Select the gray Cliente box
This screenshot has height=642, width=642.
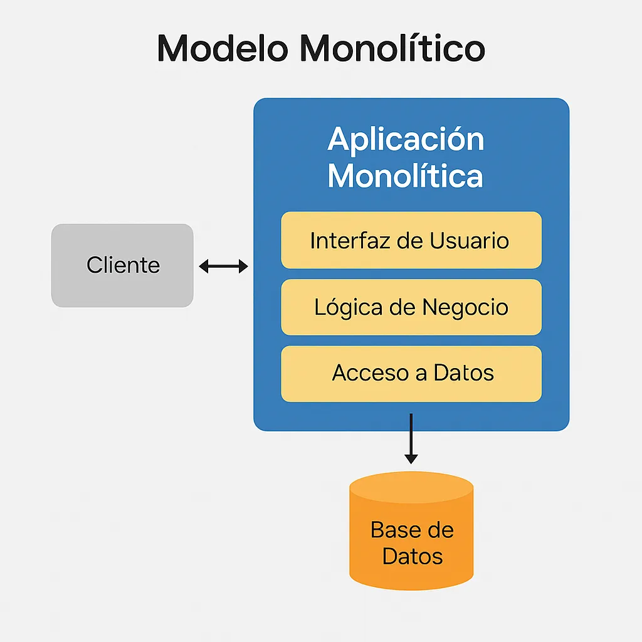[x=122, y=265]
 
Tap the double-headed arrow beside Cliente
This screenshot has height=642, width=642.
[x=223, y=267]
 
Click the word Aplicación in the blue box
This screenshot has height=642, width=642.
[x=406, y=139]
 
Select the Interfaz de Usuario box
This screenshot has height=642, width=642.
[x=411, y=240]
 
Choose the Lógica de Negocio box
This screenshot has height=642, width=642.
[x=411, y=307]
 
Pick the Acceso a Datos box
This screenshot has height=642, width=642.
[x=411, y=374]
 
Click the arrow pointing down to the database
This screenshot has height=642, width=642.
[x=411, y=439]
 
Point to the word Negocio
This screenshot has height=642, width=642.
[x=465, y=307]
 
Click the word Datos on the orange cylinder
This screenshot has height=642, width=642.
[x=413, y=556]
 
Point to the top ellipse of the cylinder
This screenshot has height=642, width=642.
[x=411, y=487]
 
